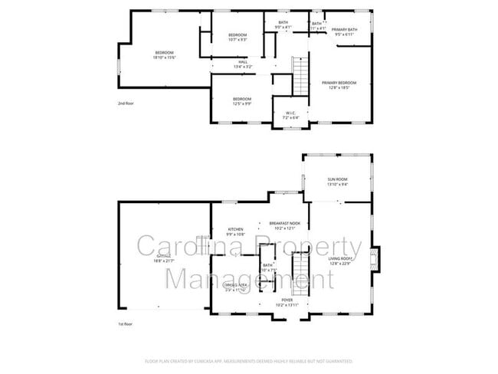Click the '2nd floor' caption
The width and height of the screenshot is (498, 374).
pos(126,103)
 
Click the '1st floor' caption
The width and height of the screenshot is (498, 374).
pos(126,324)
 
